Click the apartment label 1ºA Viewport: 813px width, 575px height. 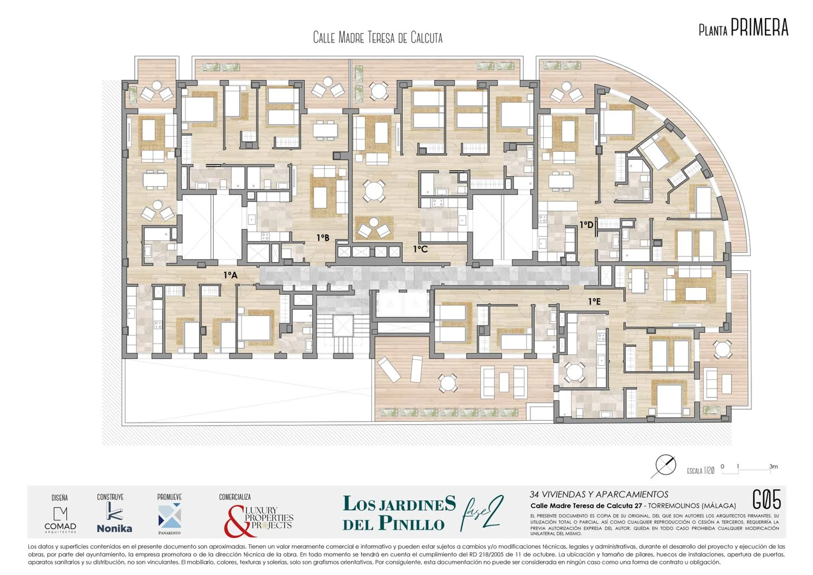coord(231,275)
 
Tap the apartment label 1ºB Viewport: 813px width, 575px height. coord(323,238)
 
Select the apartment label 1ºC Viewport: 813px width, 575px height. coord(420,249)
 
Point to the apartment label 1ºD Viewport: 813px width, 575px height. coord(586,225)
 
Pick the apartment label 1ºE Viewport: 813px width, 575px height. coord(594,302)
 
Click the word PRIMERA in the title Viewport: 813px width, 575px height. coord(759,27)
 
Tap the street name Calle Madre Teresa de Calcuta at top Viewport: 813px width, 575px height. coord(378,38)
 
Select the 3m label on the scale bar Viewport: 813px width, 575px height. coord(773,467)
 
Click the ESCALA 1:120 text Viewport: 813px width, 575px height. coord(700,471)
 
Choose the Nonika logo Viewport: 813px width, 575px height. coord(114,518)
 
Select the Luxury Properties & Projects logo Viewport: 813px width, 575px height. coord(259,521)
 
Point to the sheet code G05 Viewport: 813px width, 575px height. coord(766,499)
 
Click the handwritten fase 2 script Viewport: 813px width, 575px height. coord(482,513)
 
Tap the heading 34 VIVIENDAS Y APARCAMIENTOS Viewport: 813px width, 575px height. coord(599,495)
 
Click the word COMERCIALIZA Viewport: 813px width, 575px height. coord(235,497)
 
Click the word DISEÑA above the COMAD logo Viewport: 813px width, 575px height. coord(60,498)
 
